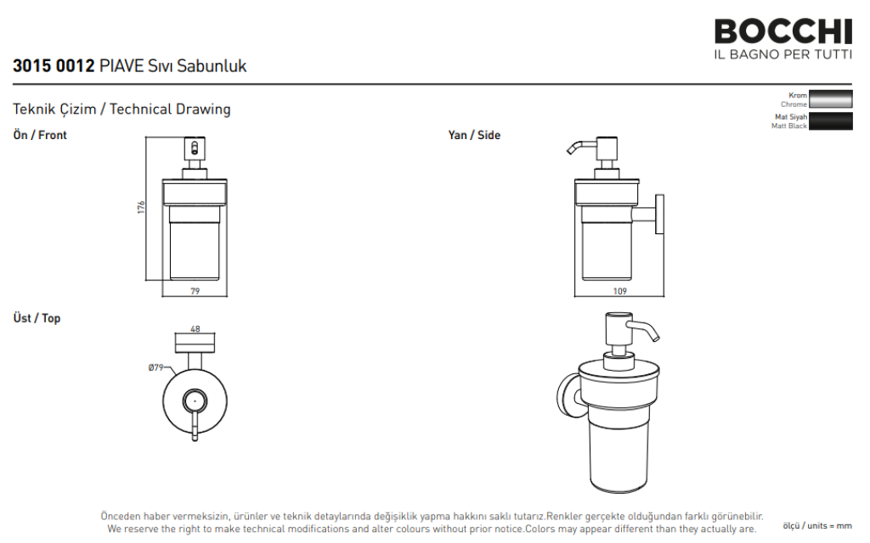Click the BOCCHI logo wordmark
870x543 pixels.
(x=782, y=31)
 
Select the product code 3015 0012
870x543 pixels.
(x=54, y=66)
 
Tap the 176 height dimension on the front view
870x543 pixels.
(x=141, y=207)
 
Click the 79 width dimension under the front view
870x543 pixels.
(x=195, y=291)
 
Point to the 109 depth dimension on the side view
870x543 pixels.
(x=619, y=291)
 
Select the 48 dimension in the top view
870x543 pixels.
(x=195, y=328)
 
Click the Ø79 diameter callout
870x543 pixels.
(x=156, y=367)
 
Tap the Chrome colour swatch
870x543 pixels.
(x=831, y=99)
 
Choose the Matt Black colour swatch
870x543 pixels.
(x=831, y=120)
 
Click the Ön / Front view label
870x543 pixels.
(x=40, y=135)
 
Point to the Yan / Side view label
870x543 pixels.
(x=474, y=135)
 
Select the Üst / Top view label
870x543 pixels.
(x=37, y=318)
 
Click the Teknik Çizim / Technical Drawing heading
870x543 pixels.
(x=121, y=109)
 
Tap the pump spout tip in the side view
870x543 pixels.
(x=570, y=151)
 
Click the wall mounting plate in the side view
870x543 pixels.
(x=659, y=214)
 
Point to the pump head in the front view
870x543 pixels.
(x=195, y=148)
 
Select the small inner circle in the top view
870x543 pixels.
(x=195, y=400)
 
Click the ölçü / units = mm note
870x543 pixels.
(x=816, y=525)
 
